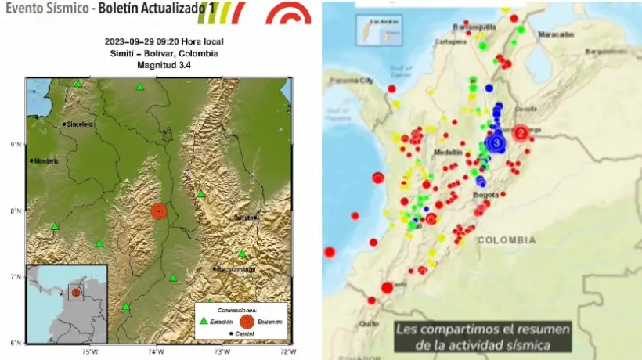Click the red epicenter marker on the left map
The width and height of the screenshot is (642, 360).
coord(159,211)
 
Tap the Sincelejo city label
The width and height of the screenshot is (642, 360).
coord(79,124)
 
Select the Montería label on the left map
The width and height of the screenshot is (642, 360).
coord(46,160)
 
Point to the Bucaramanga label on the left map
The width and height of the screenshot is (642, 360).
coord(235,269)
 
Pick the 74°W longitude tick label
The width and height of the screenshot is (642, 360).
coord(157,351)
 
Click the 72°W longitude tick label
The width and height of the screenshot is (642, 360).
coord(290,351)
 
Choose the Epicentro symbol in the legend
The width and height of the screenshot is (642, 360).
coord(246,320)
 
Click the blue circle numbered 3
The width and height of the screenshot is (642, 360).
coord(496,142)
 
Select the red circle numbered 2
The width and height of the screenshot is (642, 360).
coord(521,133)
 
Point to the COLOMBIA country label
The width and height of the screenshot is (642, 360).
coord(507,240)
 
